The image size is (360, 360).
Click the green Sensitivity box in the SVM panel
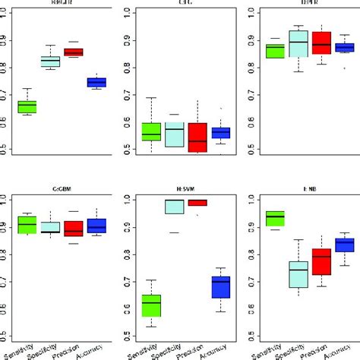pyautogui.click(x=152, y=305)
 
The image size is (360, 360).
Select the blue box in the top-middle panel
pyautogui.click(x=220, y=133)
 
